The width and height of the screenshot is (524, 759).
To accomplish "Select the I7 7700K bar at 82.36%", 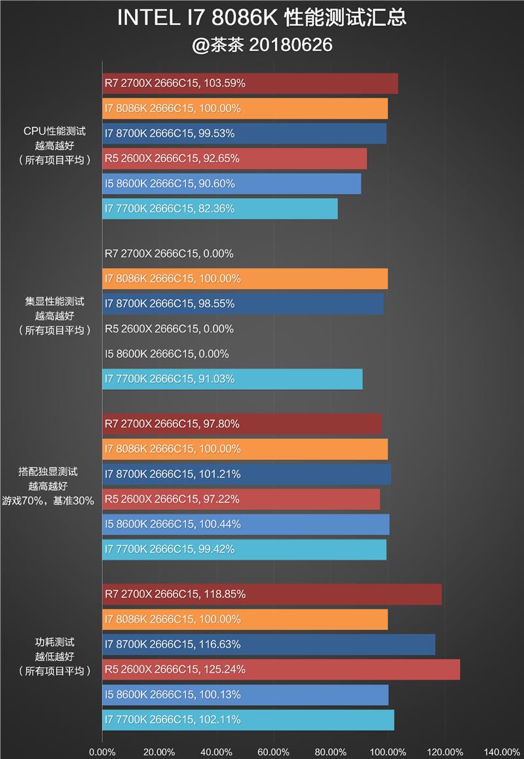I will click(x=220, y=208).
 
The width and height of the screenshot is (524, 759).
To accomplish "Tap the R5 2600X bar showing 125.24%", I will click(x=281, y=669).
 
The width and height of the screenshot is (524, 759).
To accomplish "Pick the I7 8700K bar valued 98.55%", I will click(x=243, y=303).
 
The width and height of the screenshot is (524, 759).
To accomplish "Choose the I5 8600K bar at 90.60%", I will click(x=232, y=184).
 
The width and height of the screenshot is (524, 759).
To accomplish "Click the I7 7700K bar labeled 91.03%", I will click(x=233, y=379).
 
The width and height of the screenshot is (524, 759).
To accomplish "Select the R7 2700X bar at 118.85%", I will click(x=272, y=594).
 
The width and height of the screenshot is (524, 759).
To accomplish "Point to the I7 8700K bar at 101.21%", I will click(x=247, y=474).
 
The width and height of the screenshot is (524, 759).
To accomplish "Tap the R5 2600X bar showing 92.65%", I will click(x=234, y=159).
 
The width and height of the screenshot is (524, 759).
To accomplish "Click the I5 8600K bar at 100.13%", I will click(x=246, y=695).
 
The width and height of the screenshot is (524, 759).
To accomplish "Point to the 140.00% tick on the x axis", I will click(x=502, y=752).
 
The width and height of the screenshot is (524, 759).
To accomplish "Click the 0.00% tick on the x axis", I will click(x=102, y=752).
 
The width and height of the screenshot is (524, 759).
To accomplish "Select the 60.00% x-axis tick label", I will click(x=274, y=752).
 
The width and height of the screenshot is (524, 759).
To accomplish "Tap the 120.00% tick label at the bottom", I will click(x=445, y=752).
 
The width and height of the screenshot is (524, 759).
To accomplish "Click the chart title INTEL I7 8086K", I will click(x=262, y=18).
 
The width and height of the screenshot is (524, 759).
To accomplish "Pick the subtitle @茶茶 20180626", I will click(x=262, y=45).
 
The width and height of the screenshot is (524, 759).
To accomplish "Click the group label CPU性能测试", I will click(x=54, y=131).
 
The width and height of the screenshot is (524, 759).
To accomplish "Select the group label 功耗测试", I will click(x=54, y=642).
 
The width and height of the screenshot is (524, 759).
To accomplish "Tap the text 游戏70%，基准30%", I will click(x=56, y=500).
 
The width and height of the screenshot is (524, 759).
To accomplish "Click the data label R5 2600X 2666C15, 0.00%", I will click(x=169, y=329).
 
